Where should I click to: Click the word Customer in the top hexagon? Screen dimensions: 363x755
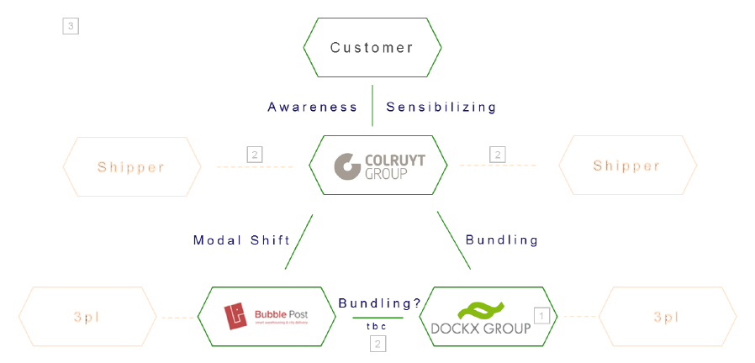[x=372, y=48]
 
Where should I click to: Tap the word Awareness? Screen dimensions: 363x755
[x=313, y=107]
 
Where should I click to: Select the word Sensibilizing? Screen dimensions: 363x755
[x=441, y=107]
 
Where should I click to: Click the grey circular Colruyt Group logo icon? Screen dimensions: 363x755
[x=347, y=166]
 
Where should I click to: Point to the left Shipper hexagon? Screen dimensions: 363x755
[x=131, y=166]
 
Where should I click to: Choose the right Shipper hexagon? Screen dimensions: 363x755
[x=626, y=166]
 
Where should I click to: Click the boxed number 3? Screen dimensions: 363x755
[x=71, y=27]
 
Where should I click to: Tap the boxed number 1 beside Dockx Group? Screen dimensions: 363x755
[x=542, y=315]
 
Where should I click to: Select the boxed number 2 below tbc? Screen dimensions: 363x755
[x=378, y=344]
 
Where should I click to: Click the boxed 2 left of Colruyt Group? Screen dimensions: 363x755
[x=255, y=155]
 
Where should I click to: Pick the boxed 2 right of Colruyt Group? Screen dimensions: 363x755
[x=498, y=155]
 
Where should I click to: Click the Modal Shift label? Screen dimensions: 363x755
[x=241, y=240]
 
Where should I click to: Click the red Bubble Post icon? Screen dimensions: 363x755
[x=235, y=317]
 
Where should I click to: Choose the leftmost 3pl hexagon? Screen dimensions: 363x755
[x=87, y=317]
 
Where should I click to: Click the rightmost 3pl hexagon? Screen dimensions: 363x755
[x=667, y=317]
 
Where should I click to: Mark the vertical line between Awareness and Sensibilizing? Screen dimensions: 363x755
[x=372, y=105]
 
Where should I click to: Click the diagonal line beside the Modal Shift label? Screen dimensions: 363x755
[x=298, y=242]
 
